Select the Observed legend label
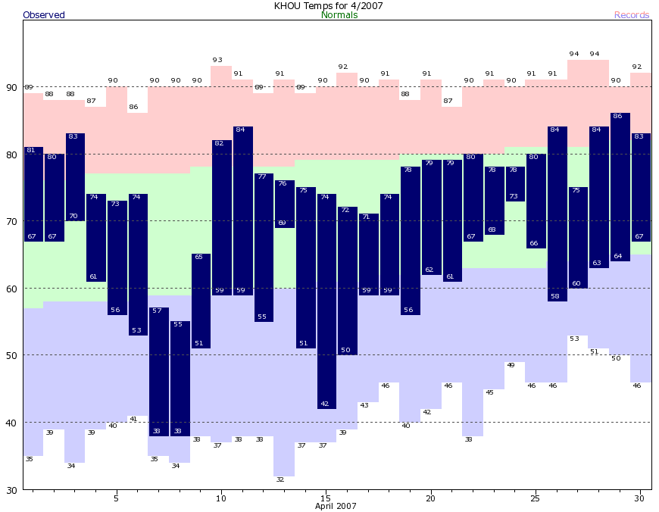coord(44,15)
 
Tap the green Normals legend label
coord(339,15)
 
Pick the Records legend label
coord(632,15)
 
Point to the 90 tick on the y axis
coord(11,87)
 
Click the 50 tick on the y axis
coord(11,355)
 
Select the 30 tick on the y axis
coord(11,489)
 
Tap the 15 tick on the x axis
coord(326,498)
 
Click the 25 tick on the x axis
coord(536,498)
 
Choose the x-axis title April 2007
coord(336,507)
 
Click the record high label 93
coord(217,60)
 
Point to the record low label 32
coord(280,479)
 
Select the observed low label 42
coord(325,404)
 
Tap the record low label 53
coord(574,339)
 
